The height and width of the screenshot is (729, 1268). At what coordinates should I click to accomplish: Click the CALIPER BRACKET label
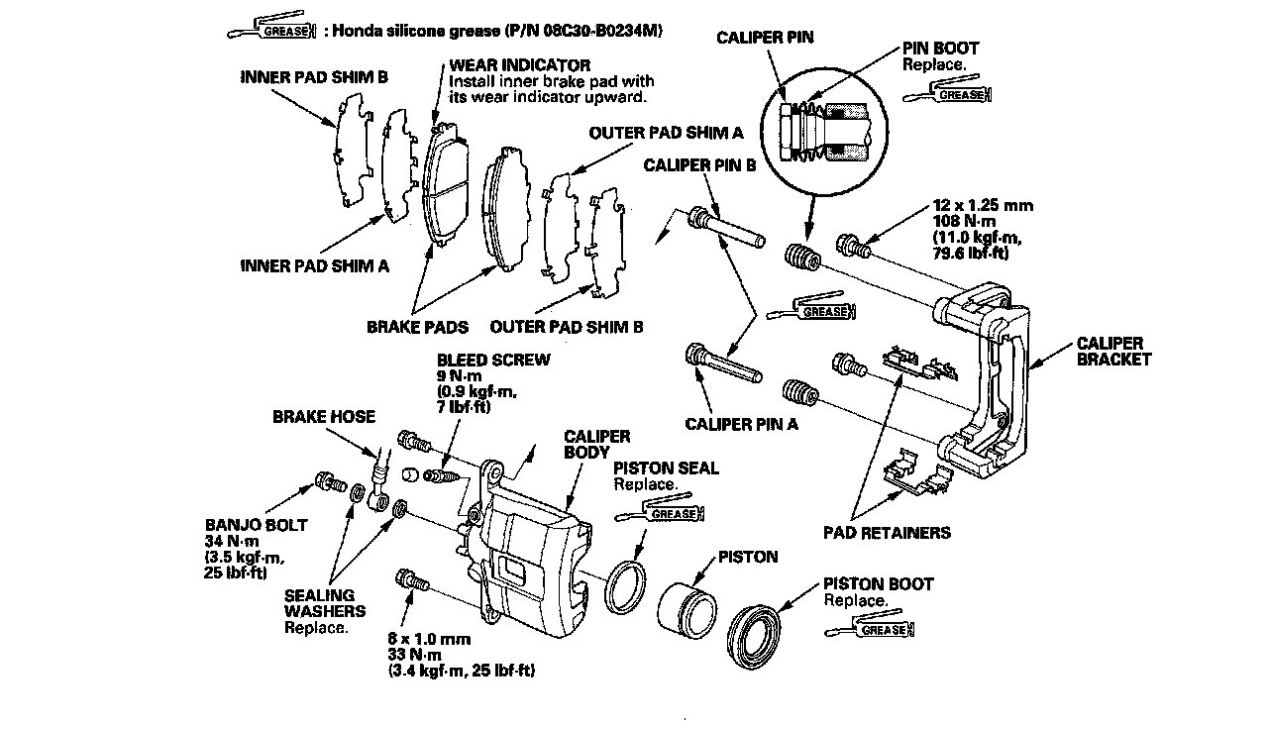(1114, 351)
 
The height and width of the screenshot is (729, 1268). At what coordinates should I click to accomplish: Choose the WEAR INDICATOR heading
(506, 65)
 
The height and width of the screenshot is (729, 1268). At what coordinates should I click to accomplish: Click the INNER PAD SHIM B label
(314, 78)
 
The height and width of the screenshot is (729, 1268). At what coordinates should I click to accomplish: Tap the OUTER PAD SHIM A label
(666, 132)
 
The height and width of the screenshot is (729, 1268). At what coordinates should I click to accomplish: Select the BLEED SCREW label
(493, 360)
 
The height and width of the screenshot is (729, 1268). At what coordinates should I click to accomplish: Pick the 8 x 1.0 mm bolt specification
(429, 639)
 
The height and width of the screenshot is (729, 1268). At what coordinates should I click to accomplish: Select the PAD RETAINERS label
(887, 533)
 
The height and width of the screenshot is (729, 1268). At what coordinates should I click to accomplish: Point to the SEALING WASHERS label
(319, 603)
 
